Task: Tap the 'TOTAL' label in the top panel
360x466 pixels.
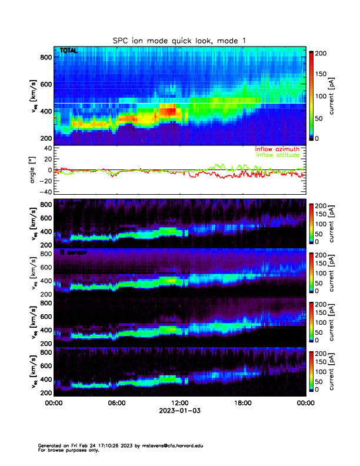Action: tap(68, 51)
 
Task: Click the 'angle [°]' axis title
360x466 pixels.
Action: tap(34, 169)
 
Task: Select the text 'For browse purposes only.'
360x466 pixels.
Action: tap(65, 450)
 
